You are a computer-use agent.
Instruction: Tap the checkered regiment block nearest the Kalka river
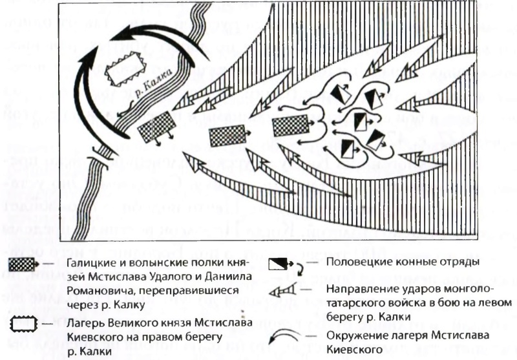(156, 126)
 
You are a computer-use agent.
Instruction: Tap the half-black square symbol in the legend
(279, 265)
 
